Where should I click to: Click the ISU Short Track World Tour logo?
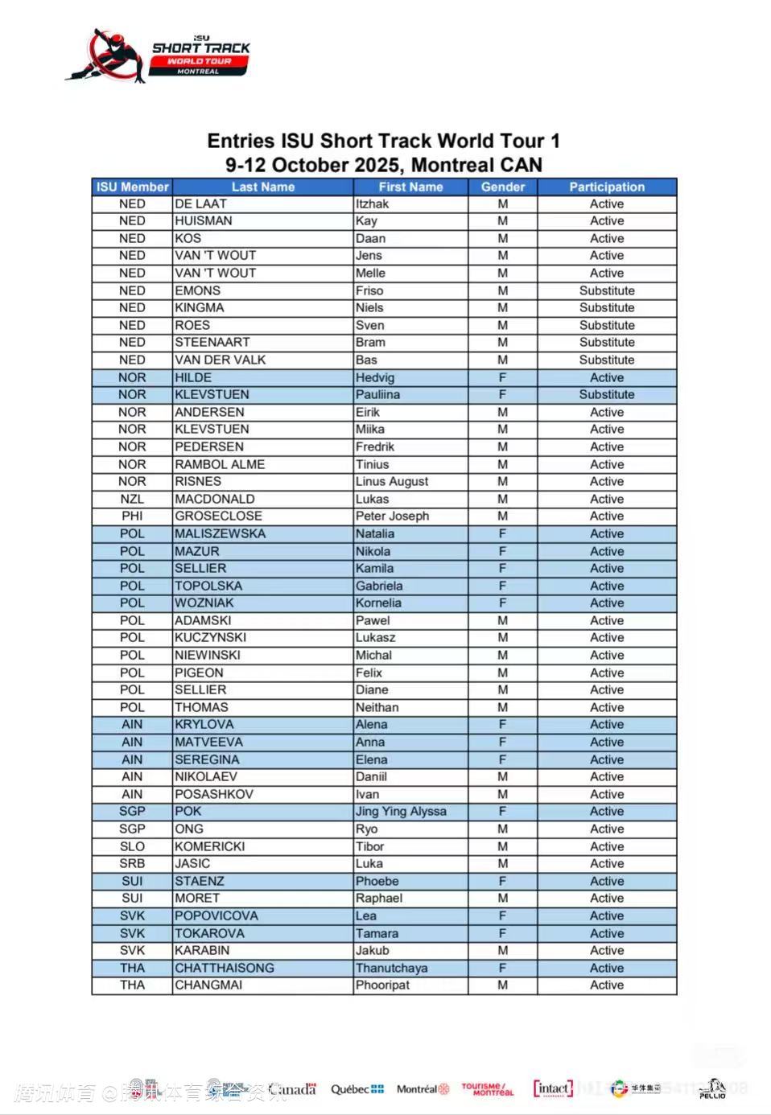tap(159, 56)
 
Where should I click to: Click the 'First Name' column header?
tap(410, 187)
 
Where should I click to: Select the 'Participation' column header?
tap(607, 187)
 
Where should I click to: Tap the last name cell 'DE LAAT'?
tap(201, 204)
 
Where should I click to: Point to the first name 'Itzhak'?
tap(373, 204)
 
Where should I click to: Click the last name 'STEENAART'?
tap(212, 343)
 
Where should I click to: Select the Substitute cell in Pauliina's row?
tap(607, 395)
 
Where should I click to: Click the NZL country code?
tap(132, 500)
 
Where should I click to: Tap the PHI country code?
tap(132, 516)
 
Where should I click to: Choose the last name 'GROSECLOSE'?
tap(219, 516)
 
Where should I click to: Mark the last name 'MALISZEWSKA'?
tap(221, 534)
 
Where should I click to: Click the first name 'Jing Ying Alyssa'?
tap(401, 812)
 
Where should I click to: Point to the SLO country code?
tap(132, 846)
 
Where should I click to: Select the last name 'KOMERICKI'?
tap(210, 846)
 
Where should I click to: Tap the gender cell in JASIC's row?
tap(502, 864)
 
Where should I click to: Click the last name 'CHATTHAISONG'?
tap(225, 968)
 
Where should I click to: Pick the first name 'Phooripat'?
tap(383, 985)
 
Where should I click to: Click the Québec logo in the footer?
tap(357, 1089)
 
